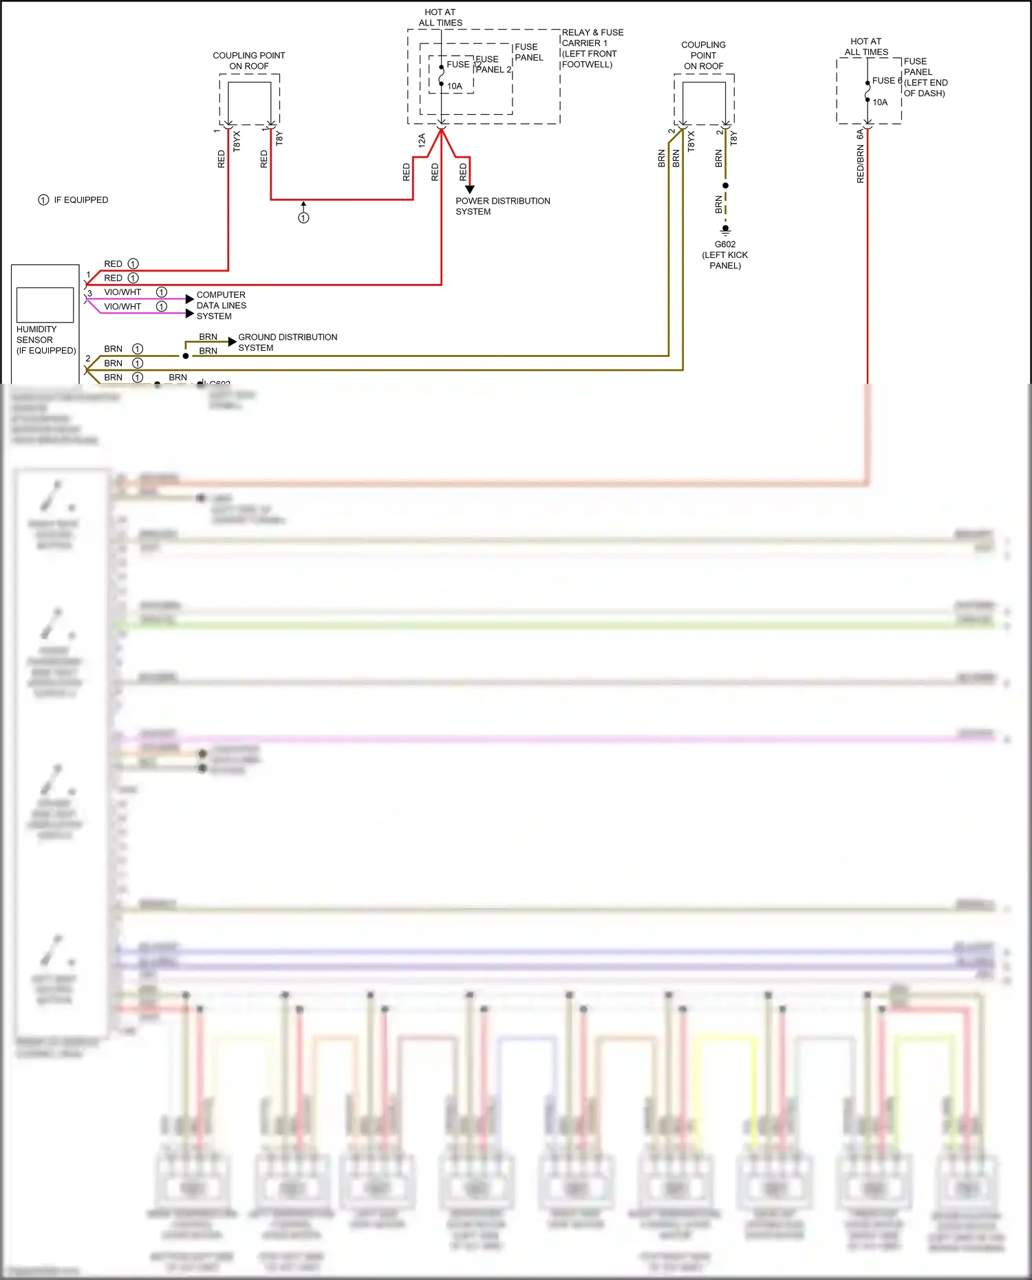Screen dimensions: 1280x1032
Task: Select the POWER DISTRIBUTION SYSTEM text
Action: (502, 206)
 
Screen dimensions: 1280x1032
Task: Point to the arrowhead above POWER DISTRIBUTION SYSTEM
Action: (470, 189)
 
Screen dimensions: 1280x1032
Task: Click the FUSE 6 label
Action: (886, 80)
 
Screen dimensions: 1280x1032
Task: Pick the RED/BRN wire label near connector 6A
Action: (860, 164)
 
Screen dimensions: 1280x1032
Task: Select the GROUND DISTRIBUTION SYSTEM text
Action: (287, 343)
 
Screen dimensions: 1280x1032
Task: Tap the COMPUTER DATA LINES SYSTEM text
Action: (221, 305)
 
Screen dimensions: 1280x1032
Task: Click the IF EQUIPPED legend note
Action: (74, 200)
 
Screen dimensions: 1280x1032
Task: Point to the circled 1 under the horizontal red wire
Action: (303, 218)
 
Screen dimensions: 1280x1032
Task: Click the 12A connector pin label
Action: (422, 140)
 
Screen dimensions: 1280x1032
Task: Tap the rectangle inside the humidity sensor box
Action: (45, 305)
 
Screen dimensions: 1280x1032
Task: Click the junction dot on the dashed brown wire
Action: (725, 186)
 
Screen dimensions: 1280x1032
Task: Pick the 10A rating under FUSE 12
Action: (454, 87)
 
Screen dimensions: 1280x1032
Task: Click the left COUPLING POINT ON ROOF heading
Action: (248, 61)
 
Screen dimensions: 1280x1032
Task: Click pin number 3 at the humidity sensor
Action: (89, 293)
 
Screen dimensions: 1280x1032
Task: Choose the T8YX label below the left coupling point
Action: (237, 141)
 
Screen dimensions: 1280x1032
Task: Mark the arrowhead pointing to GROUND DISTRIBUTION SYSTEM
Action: (232, 342)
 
